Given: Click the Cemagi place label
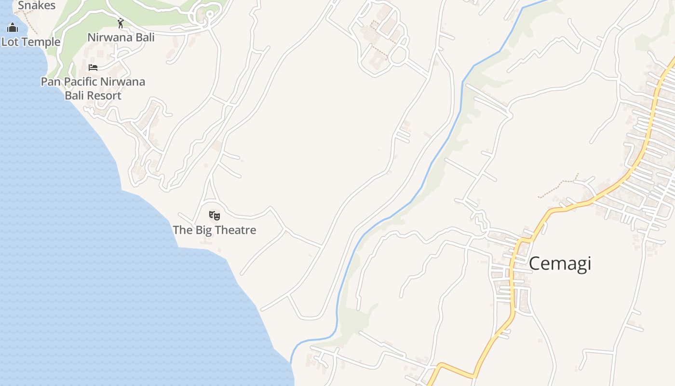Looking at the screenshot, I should click(560, 264).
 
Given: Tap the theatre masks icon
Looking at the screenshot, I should click(215, 215).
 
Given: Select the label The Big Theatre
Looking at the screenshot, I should click(215, 230).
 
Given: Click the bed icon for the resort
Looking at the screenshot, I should click(93, 67).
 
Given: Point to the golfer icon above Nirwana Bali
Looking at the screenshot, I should click(121, 23).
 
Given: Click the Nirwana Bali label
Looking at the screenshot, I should click(121, 37).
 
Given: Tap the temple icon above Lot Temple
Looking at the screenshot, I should click(13, 28).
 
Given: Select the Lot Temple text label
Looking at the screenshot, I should click(31, 42).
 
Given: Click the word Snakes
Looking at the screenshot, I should click(37, 6).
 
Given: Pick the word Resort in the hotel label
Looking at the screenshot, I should click(106, 96).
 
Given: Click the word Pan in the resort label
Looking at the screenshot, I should click(51, 82).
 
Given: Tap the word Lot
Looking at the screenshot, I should click(10, 42).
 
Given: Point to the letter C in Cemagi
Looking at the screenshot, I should click(535, 264).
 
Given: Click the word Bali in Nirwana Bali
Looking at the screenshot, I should click(145, 37).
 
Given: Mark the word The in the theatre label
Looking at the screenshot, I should click(183, 230).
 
